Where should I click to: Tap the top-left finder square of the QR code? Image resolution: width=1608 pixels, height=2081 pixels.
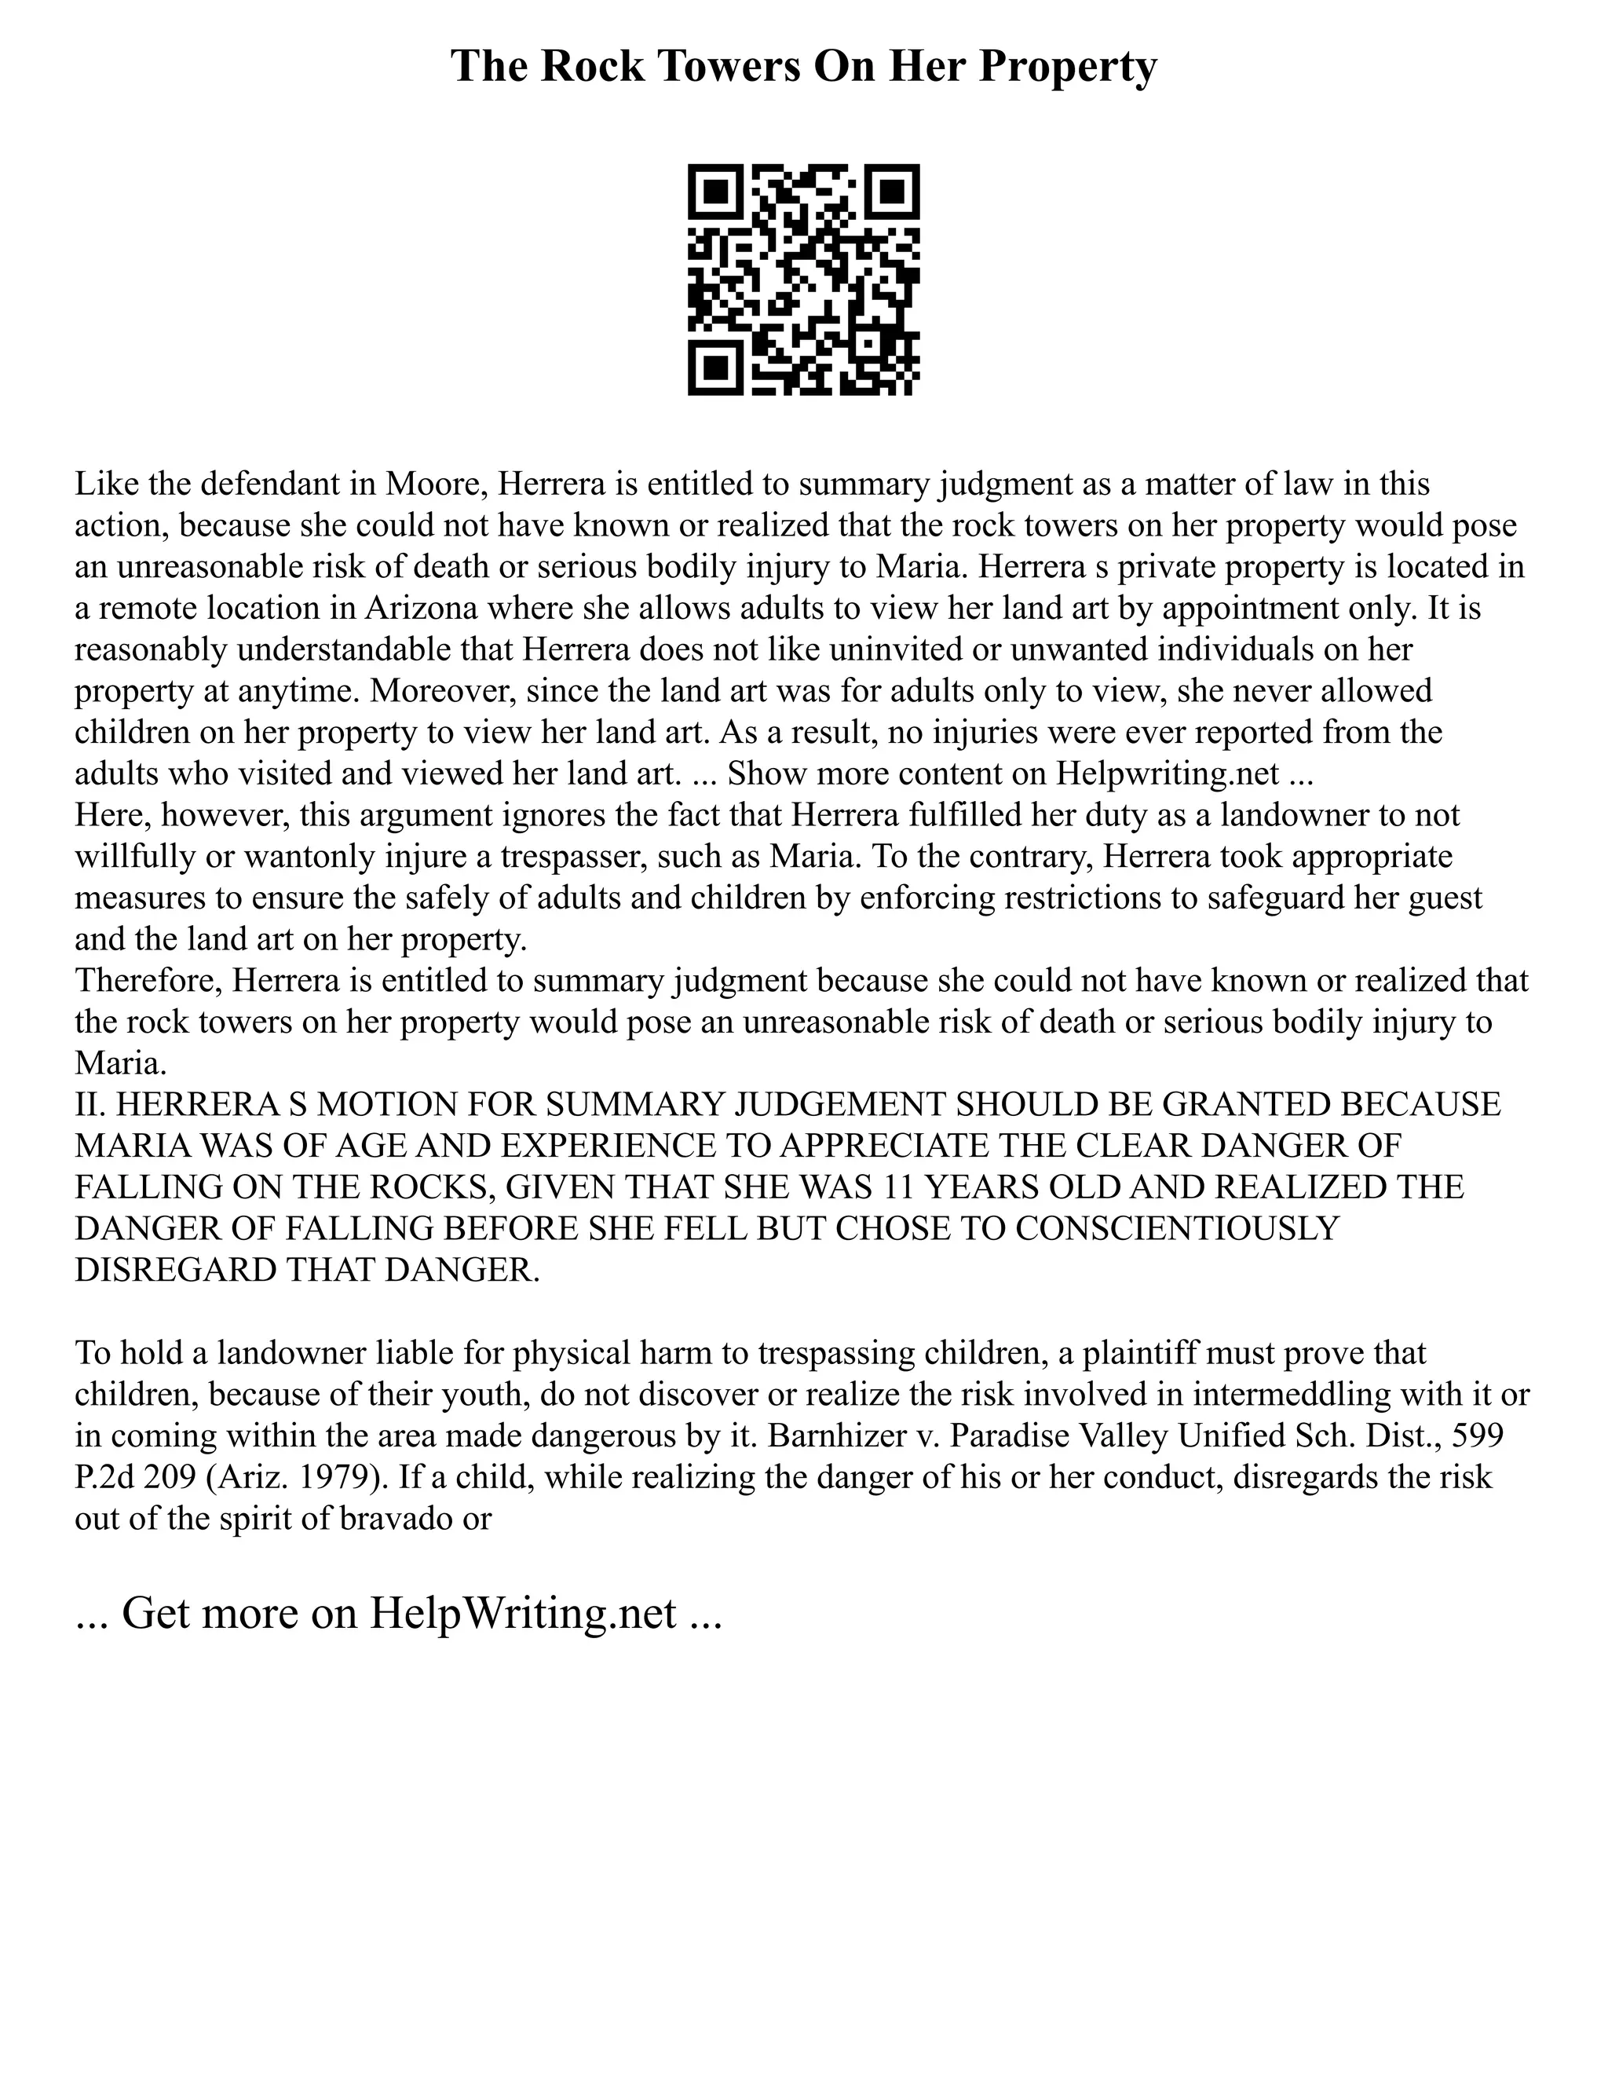coord(715,192)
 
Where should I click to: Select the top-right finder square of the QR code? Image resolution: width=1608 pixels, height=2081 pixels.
coord(892,192)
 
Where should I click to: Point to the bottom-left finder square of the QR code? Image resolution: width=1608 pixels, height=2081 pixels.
coord(715,368)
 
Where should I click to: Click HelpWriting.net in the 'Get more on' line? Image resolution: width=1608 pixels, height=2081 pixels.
coord(523,1613)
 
